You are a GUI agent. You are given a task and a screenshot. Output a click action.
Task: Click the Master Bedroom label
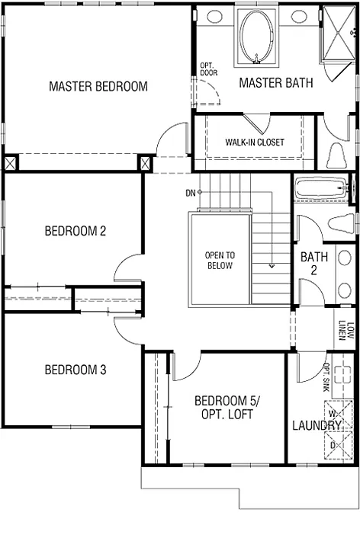(x=98, y=86)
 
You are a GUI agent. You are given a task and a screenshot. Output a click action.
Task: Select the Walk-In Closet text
(x=255, y=143)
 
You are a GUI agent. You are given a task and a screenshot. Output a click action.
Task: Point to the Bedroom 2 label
(x=75, y=231)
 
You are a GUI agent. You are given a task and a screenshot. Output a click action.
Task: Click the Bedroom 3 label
(x=75, y=370)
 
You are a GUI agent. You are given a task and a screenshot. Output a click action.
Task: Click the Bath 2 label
(x=313, y=264)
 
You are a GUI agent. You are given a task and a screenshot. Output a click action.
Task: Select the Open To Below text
(x=220, y=261)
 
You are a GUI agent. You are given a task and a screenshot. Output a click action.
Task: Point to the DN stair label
(x=190, y=193)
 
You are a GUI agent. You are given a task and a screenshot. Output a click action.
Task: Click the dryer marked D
(x=336, y=445)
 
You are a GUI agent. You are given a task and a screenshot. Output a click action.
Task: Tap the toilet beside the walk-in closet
(x=336, y=155)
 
